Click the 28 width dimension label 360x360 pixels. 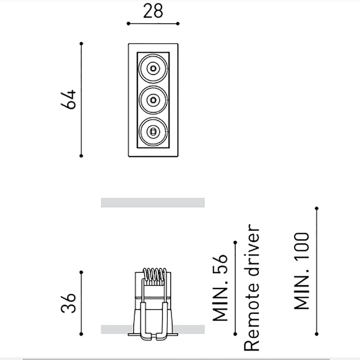coord(153,11)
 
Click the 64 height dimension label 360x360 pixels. coord(68,100)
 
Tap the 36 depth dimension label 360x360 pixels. coord(68,303)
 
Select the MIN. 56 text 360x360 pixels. coord(220,287)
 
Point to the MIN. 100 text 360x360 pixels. coord(302,271)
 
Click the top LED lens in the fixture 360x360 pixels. coord(153,68)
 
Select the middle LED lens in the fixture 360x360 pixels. coord(153,100)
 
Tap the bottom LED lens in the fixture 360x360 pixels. coord(153,131)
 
